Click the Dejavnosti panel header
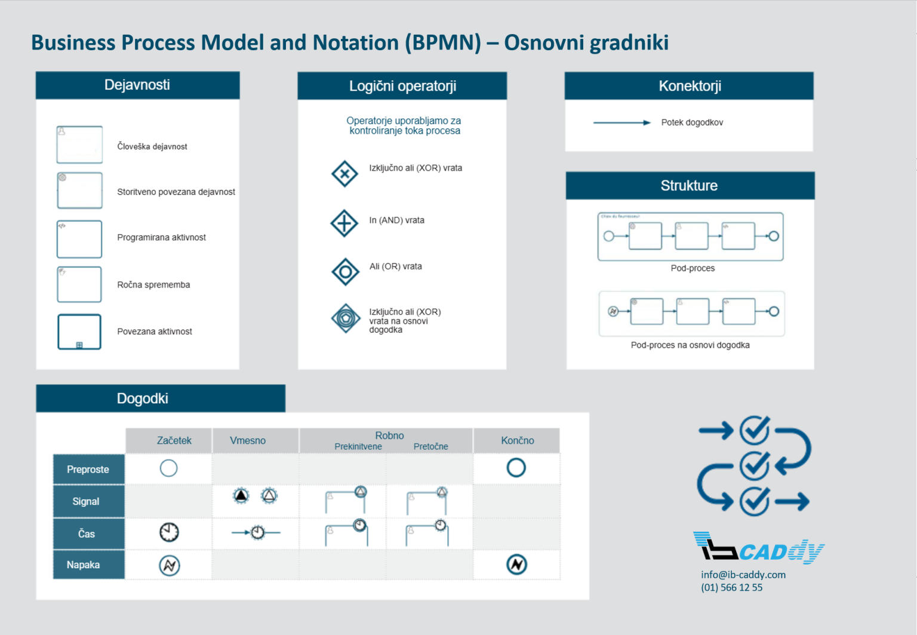pos(137,85)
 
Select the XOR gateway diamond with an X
pos(344,174)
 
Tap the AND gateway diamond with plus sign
pos(344,223)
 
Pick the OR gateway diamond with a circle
pos(345,272)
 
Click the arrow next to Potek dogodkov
pos(621,122)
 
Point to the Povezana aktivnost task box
pos(79,332)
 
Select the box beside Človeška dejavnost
pos(79,145)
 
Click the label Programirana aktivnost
pos(161,237)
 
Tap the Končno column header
pos(517,440)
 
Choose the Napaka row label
pos(84,565)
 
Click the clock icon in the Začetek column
pos(169,532)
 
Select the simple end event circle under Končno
pos(516,468)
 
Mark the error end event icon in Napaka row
pos(516,564)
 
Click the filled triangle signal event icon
pos(241,495)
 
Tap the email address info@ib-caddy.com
pos(743,574)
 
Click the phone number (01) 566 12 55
pos(731,587)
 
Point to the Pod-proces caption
pos(693,268)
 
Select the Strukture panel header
pos(690,186)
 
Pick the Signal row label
pos(86,501)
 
